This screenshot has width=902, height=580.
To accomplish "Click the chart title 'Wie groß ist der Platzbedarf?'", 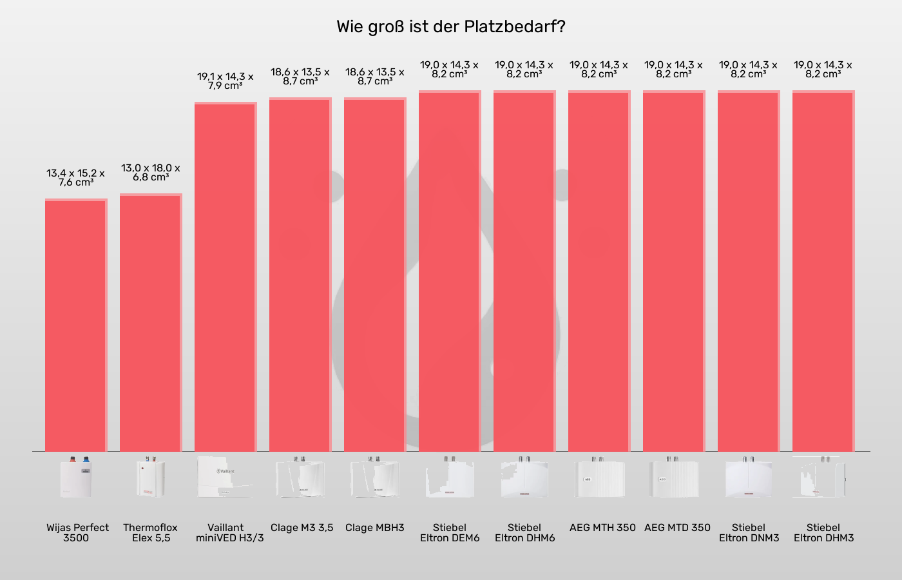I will pyautogui.click(x=451, y=27).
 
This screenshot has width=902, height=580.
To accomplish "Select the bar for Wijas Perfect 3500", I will pyautogui.click(x=76, y=325).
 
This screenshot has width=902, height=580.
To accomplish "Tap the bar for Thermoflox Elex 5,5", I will pyautogui.click(x=151, y=322).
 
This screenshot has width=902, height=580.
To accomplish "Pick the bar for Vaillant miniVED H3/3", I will pyautogui.click(x=225, y=277).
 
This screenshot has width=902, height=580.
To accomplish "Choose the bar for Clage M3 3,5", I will pyautogui.click(x=300, y=275).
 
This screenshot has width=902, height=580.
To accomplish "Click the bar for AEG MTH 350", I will pyautogui.click(x=599, y=271).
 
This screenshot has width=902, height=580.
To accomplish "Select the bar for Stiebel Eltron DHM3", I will pyautogui.click(x=823, y=271).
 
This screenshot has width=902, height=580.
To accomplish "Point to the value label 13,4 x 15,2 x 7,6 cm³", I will pyautogui.click(x=75, y=178).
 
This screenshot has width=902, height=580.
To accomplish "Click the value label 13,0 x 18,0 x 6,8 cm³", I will pyautogui.click(x=151, y=173).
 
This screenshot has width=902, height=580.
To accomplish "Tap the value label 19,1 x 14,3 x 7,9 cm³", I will pyautogui.click(x=225, y=81).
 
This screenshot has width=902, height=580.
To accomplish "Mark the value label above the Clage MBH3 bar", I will pyautogui.click(x=375, y=77).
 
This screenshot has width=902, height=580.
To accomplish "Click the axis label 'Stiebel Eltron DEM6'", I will pyautogui.click(x=450, y=532).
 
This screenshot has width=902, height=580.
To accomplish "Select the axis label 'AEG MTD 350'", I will pyautogui.click(x=677, y=528).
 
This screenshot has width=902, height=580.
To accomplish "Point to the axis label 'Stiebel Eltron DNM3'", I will pyautogui.click(x=749, y=532).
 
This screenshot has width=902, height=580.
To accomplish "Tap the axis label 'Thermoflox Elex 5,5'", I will pyautogui.click(x=151, y=532).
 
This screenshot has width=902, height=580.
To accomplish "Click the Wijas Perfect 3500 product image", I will pyautogui.click(x=76, y=478).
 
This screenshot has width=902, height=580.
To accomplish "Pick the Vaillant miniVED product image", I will pyautogui.click(x=225, y=478).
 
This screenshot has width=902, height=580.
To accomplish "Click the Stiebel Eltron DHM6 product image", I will pyautogui.click(x=524, y=478).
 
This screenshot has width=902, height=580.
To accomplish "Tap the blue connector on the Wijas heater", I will pyautogui.click(x=86, y=460).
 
